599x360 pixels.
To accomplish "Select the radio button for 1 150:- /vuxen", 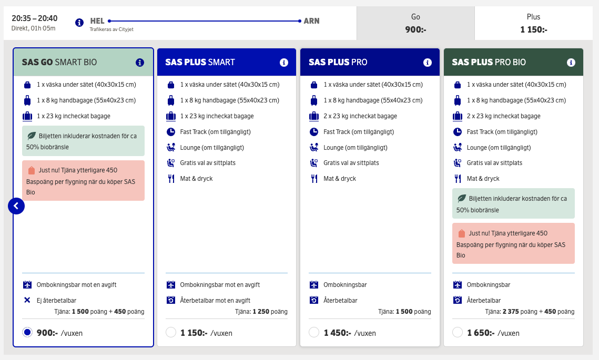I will pyautogui.click(x=170, y=332).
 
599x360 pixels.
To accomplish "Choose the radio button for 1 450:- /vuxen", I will pyautogui.click(x=314, y=332).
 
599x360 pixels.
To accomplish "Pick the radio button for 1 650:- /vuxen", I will pyautogui.click(x=458, y=332).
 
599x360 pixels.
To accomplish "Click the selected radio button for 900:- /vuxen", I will pyautogui.click(x=27, y=332).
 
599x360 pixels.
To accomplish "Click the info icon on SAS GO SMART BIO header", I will pyautogui.click(x=140, y=63).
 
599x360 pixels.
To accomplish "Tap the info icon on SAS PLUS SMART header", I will pyautogui.click(x=284, y=63).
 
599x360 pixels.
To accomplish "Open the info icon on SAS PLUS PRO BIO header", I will pyautogui.click(x=571, y=63).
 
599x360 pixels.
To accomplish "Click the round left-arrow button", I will pyautogui.click(x=16, y=206).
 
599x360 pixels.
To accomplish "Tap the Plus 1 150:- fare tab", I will pyautogui.click(x=533, y=23).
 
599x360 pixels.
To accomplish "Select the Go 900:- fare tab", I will pyautogui.click(x=415, y=23).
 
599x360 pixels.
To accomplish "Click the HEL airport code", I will pyautogui.click(x=97, y=21).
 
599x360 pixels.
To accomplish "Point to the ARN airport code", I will pyautogui.click(x=311, y=21).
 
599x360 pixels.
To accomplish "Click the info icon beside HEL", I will pyautogui.click(x=79, y=23).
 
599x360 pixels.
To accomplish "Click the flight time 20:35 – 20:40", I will pyautogui.click(x=35, y=18).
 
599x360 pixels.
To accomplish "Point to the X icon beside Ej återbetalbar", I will pyautogui.click(x=27, y=301).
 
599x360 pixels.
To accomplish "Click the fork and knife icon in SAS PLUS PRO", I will pyautogui.click(x=314, y=179).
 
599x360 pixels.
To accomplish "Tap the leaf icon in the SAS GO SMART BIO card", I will pyautogui.click(x=31, y=136).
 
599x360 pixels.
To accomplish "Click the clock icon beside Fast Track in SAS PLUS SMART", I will pyautogui.click(x=170, y=132).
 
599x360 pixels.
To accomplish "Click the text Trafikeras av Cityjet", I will pyautogui.click(x=111, y=29).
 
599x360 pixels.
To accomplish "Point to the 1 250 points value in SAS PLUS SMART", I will pyautogui.click(x=261, y=312).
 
